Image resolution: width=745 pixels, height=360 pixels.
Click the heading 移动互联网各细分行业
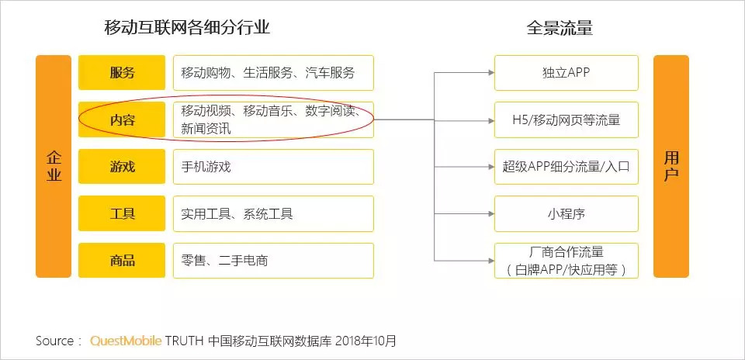pyautogui.click(x=187, y=28)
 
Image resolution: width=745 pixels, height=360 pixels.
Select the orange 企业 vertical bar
pyautogui.click(x=54, y=166)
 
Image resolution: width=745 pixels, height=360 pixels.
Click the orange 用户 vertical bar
pyautogui.click(x=671, y=166)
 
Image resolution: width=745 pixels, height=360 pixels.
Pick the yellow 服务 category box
pyautogui.click(x=122, y=73)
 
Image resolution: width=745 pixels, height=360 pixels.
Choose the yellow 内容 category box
pyautogui.click(x=122, y=119)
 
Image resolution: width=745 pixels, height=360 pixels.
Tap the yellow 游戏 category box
pyautogui.click(x=122, y=167)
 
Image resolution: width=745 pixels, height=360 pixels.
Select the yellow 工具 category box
pyautogui.click(x=122, y=213)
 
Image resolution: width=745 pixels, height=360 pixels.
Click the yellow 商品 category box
pyautogui.click(x=122, y=261)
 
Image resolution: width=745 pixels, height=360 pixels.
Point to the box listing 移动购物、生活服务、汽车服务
pyautogui.click(x=272, y=73)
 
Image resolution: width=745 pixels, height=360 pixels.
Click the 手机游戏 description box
pyautogui.click(x=272, y=167)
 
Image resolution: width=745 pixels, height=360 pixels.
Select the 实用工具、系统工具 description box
pyautogui.click(x=272, y=213)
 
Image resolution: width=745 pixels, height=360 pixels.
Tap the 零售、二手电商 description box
pyautogui.click(x=272, y=261)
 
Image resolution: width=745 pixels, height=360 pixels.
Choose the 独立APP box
pyautogui.click(x=567, y=73)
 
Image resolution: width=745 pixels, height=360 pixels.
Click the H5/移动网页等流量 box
pyautogui.click(x=567, y=119)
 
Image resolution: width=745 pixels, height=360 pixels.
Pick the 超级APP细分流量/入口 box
pyautogui.click(x=567, y=167)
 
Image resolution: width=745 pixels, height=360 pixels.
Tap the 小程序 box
pyautogui.click(x=567, y=213)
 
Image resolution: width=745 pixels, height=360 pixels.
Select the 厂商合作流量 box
pyautogui.click(x=567, y=261)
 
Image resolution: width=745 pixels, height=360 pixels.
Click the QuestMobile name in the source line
pyautogui.click(x=126, y=341)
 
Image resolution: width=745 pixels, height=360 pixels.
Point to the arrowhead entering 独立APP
pyautogui.click(x=490, y=73)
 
